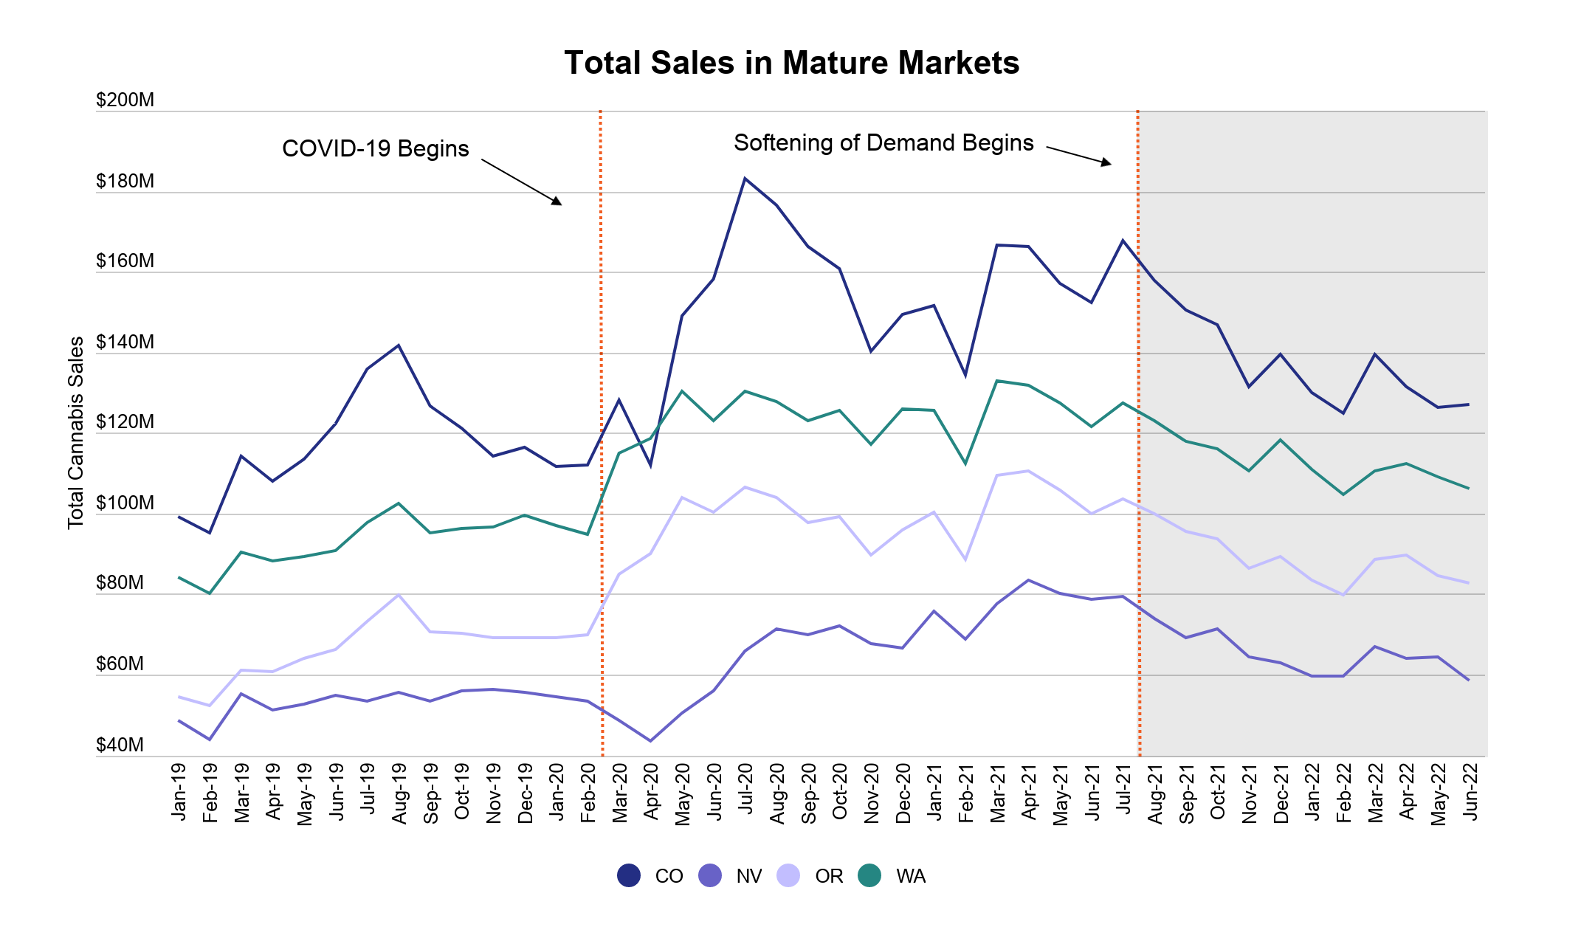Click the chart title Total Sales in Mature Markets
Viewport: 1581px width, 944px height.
pos(791,63)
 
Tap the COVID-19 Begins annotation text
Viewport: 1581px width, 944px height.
pos(375,149)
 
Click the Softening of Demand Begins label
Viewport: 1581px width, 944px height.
pos(883,143)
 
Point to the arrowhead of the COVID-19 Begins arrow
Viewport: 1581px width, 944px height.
pos(559,202)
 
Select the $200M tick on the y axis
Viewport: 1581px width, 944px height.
pos(125,100)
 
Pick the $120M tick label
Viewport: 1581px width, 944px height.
pos(125,422)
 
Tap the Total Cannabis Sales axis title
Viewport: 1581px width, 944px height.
pos(76,433)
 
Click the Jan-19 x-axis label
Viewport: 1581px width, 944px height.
pos(179,791)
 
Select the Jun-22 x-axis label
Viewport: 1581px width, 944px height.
pos(1470,791)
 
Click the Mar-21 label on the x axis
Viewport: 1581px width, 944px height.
pos(998,793)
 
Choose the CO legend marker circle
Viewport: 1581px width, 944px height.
pos(629,875)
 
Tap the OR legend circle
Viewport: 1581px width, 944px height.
pos(788,875)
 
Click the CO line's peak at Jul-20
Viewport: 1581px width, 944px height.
pos(745,179)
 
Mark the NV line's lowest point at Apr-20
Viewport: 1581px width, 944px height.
pos(650,740)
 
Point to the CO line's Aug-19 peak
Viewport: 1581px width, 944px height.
pos(399,345)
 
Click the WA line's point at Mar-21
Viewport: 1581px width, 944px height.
pos(997,381)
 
